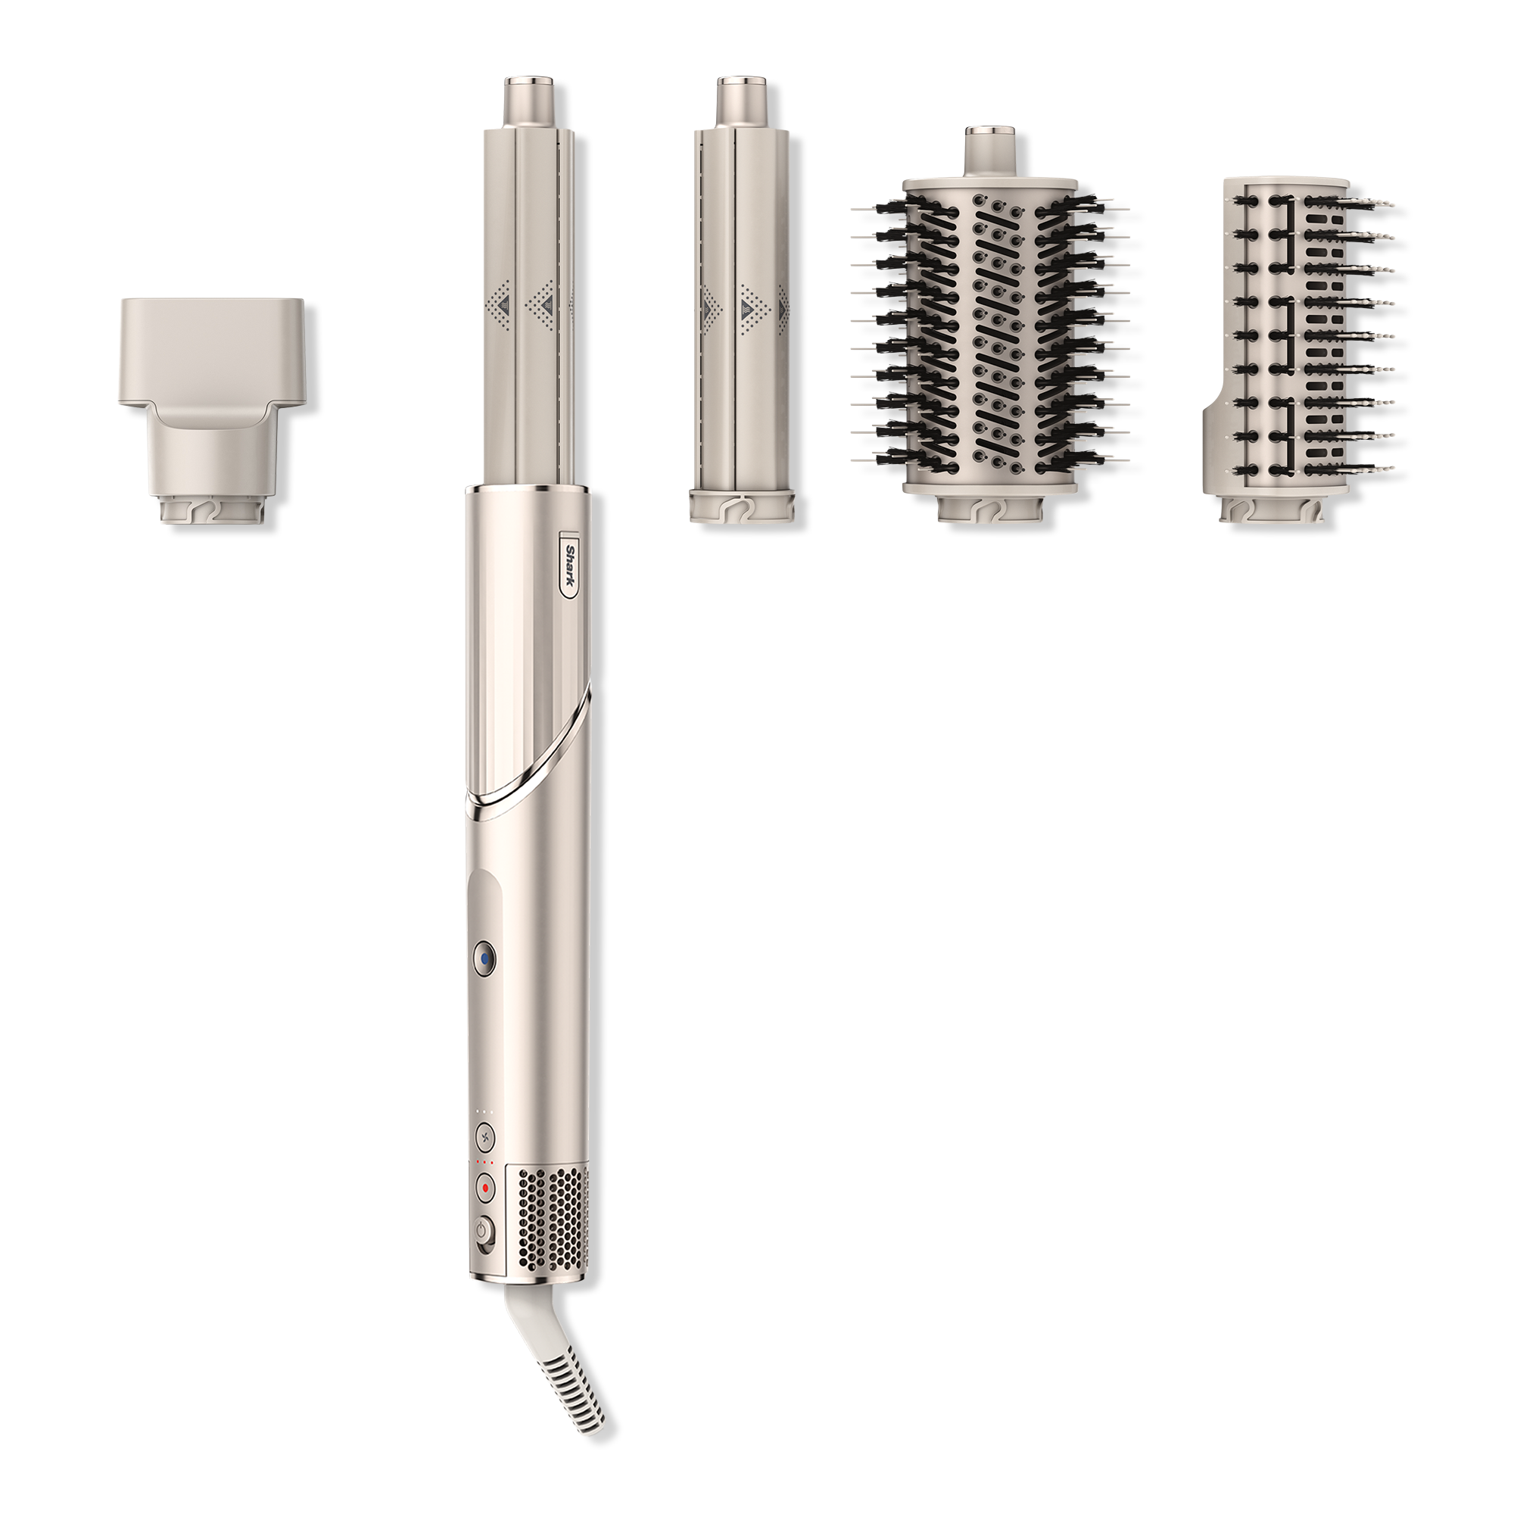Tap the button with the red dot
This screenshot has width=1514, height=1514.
coord(486,1210)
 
